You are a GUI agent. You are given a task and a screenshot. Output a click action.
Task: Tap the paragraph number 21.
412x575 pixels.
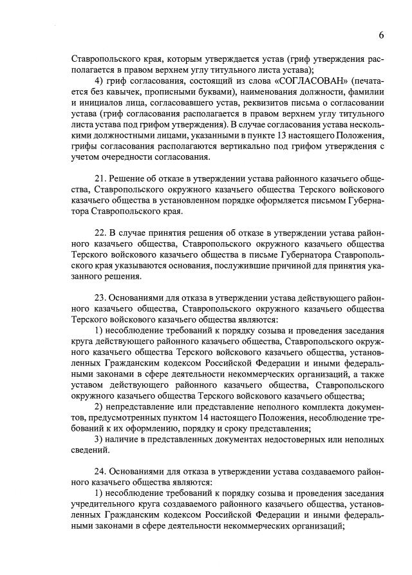tap(100, 178)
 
